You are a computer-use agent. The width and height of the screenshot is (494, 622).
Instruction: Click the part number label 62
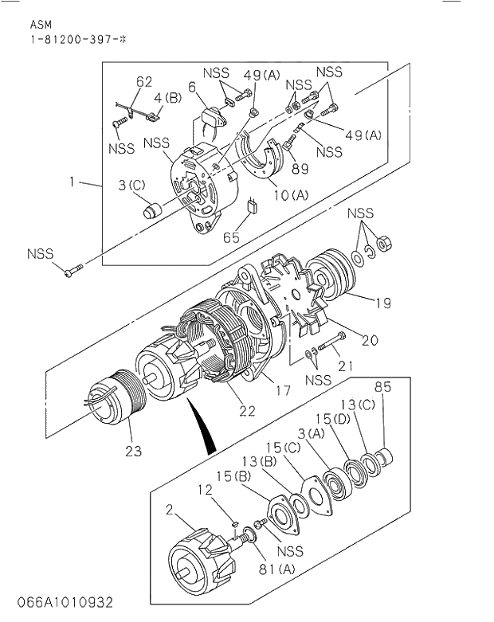click(143, 81)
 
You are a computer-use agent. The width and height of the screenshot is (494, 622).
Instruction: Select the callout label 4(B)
click(168, 99)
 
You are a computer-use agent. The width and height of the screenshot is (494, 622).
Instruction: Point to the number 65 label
click(231, 237)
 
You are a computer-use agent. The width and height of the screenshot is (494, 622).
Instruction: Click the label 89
click(300, 168)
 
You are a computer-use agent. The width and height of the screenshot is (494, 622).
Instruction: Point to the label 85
click(384, 389)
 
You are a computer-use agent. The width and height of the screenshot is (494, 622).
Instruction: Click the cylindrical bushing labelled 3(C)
click(153, 211)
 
